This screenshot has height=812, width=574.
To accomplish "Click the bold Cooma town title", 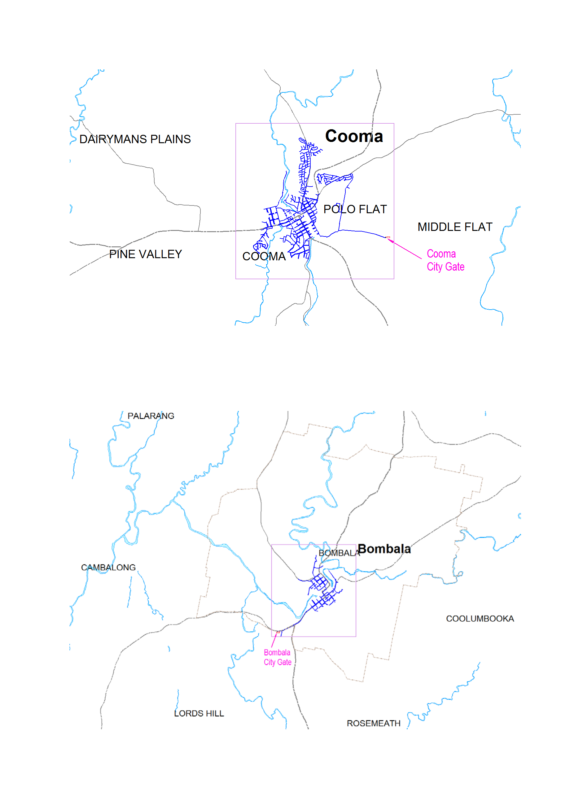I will [354, 136].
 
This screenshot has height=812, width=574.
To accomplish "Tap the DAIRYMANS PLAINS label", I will [135, 139].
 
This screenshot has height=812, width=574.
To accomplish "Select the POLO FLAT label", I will [355, 210].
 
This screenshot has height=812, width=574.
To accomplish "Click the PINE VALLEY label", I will [145, 254].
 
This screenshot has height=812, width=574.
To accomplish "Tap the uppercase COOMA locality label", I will [264, 256].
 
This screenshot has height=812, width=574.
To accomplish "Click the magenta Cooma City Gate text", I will [445, 260].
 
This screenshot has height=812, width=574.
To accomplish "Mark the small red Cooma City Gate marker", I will [388, 237].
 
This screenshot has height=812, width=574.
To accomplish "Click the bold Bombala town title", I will [384, 549].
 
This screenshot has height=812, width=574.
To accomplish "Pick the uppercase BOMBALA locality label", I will [339, 553].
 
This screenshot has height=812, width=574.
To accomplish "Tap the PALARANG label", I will [151, 416].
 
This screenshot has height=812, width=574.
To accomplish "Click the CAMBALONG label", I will [108, 567].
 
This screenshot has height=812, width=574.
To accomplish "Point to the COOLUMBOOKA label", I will [480, 619].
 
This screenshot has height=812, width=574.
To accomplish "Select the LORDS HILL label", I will [199, 713].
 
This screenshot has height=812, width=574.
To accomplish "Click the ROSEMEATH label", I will [374, 723].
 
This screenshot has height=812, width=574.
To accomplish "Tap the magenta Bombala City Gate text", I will [278, 657].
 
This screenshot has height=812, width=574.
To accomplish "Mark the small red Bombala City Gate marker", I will [278, 632].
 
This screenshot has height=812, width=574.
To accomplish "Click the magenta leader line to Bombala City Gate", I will [274, 641].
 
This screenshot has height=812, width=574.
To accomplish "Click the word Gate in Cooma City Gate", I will [455, 267].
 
